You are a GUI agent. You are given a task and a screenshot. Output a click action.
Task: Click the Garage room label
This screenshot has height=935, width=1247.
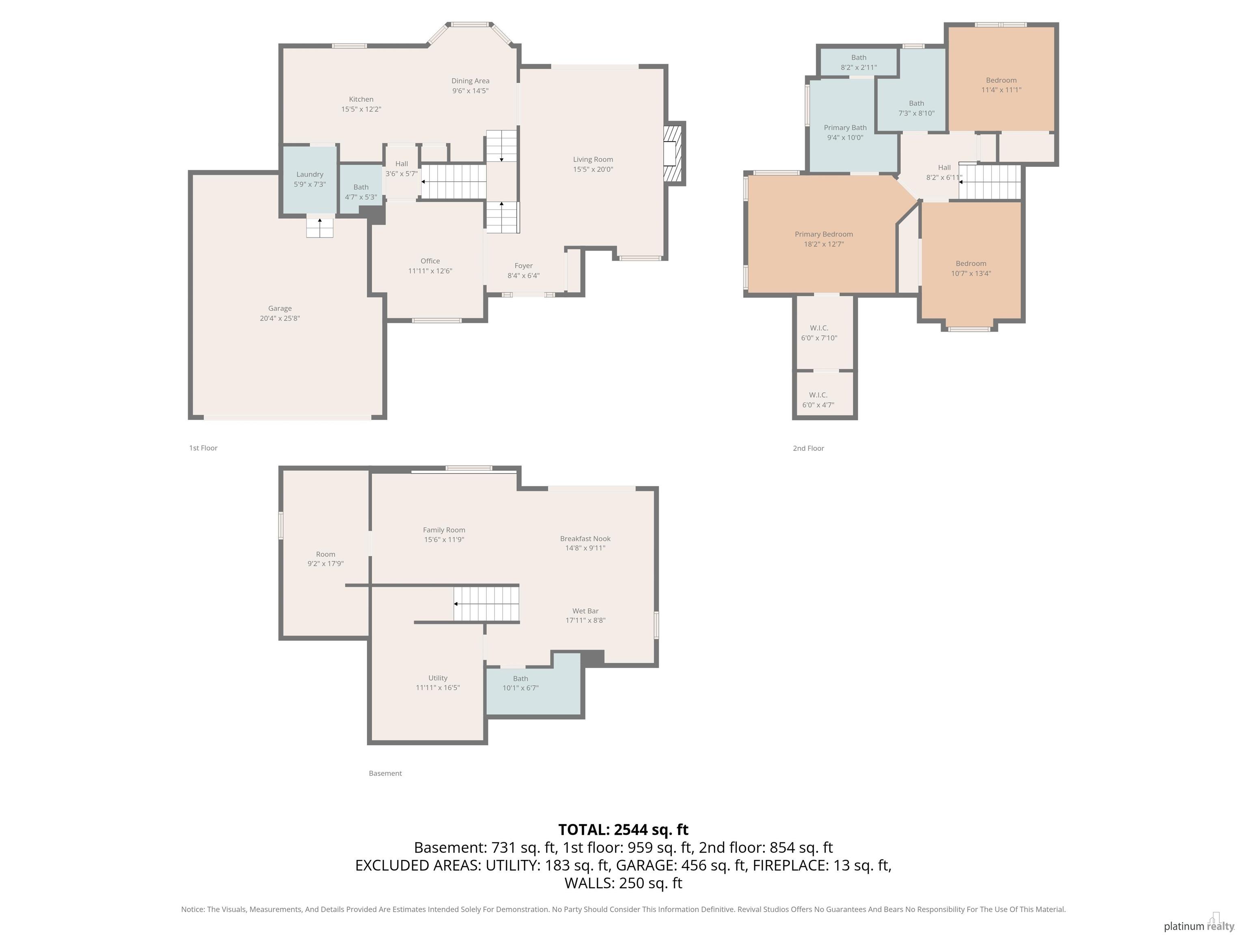[x=280, y=308]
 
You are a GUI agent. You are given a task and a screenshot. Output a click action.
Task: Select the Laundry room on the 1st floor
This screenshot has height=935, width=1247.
[x=309, y=179]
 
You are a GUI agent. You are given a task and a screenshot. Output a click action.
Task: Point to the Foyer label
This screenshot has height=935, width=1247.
[x=523, y=265]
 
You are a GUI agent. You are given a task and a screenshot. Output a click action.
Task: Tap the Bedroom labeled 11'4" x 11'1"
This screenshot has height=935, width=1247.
[x=1001, y=84]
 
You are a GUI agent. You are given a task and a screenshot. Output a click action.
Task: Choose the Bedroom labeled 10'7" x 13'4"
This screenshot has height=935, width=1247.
[x=970, y=268]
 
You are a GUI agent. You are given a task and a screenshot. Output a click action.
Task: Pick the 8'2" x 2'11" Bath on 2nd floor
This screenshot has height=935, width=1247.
[x=858, y=62]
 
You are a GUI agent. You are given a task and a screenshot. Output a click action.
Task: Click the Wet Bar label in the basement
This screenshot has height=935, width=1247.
[x=585, y=611]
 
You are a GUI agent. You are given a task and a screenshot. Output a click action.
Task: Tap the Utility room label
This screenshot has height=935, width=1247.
[x=438, y=678]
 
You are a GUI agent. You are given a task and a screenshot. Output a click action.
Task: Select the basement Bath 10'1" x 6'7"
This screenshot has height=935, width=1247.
[x=520, y=683]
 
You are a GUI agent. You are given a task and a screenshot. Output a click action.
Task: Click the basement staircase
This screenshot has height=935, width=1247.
[x=486, y=603]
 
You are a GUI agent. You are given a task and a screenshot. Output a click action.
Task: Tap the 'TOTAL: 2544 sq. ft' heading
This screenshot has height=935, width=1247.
[x=623, y=829]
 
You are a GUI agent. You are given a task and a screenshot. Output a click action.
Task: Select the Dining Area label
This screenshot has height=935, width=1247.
[x=470, y=81]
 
